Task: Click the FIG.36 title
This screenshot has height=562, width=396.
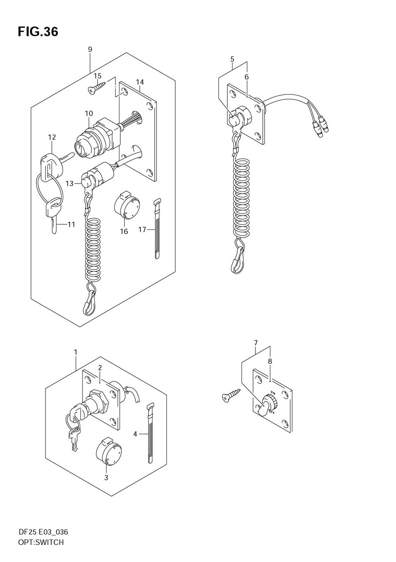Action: pos(38,32)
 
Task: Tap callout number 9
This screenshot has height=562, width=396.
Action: pos(90,50)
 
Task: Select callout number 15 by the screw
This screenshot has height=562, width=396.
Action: pos(97,76)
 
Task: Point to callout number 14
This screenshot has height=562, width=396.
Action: pos(140,82)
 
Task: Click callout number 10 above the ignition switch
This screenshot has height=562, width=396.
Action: pos(89,114)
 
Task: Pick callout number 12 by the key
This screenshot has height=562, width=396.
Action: pos(52,137)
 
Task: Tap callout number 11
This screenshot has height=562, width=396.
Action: pos(71,225)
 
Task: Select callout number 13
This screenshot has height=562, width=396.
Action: pos(70,183)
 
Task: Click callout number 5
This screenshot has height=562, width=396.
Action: pos(232,59)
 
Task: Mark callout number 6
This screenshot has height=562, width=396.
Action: pos(246,77)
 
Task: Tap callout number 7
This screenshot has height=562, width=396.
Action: pos(256,343)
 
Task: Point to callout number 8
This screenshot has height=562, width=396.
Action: pos(270,361)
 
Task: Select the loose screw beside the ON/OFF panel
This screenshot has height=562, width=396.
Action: pos(232,395)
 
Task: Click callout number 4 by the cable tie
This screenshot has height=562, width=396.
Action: pos(135,434)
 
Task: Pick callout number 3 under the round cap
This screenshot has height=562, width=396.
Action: pos(106,478)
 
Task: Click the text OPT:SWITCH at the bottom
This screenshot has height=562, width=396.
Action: pos(41,543)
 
